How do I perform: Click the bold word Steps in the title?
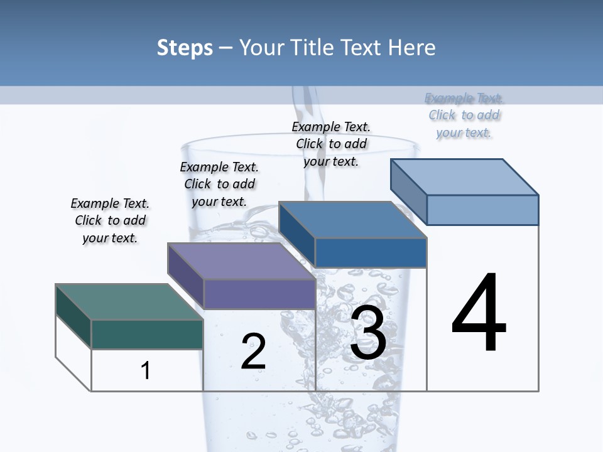pyautogui.click(x=185, y=48)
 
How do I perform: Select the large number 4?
pyautogui.click(x=479, y=313)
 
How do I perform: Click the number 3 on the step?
pyautogui.click(x=367, y=333)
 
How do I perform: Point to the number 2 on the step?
pyautogui.click(x=253, y=352)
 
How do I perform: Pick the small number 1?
pyautogui.click(x=145, y=370)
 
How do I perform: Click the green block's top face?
pyautogui.click(x=129, y=302)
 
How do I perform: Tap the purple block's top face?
pyautogui.click(x=241, y=261)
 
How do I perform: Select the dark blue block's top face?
pyautogui.click(x=353, y=220)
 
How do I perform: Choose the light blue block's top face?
pyautogui.click(x=465, y=177)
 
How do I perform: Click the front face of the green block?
pyautogui.click(x=147, y=334)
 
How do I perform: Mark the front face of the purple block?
pyautogui.click(x=259, y=294)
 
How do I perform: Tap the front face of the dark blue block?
pyautogui.click(x=371, y=252)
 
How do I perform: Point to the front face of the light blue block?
pyautogui.click(x=482, y=210)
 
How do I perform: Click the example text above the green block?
pyautogui.click(x=110, y=220)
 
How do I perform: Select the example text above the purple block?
pyautogui.click(x=219, y=184)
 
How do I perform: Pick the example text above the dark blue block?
pyautogui.click(x=331, y=144)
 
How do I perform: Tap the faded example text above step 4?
pyautogui.click(x=464, y=115)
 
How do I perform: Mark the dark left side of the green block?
pyautogui.click(x=73, y=316)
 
